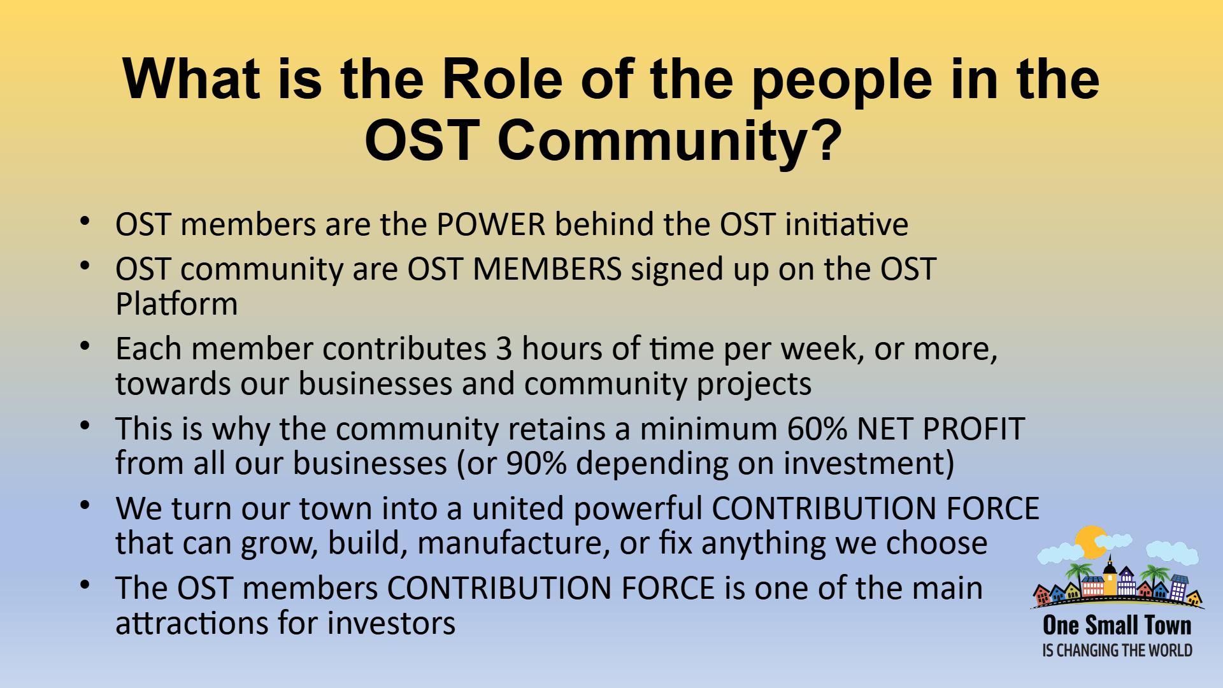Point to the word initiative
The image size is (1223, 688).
[846, 224]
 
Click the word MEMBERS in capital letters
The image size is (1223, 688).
[546, 269]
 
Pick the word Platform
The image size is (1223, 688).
[176, 304]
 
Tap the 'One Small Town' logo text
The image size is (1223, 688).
[1117, 626]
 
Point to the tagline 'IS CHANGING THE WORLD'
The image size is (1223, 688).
[1117, 650]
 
